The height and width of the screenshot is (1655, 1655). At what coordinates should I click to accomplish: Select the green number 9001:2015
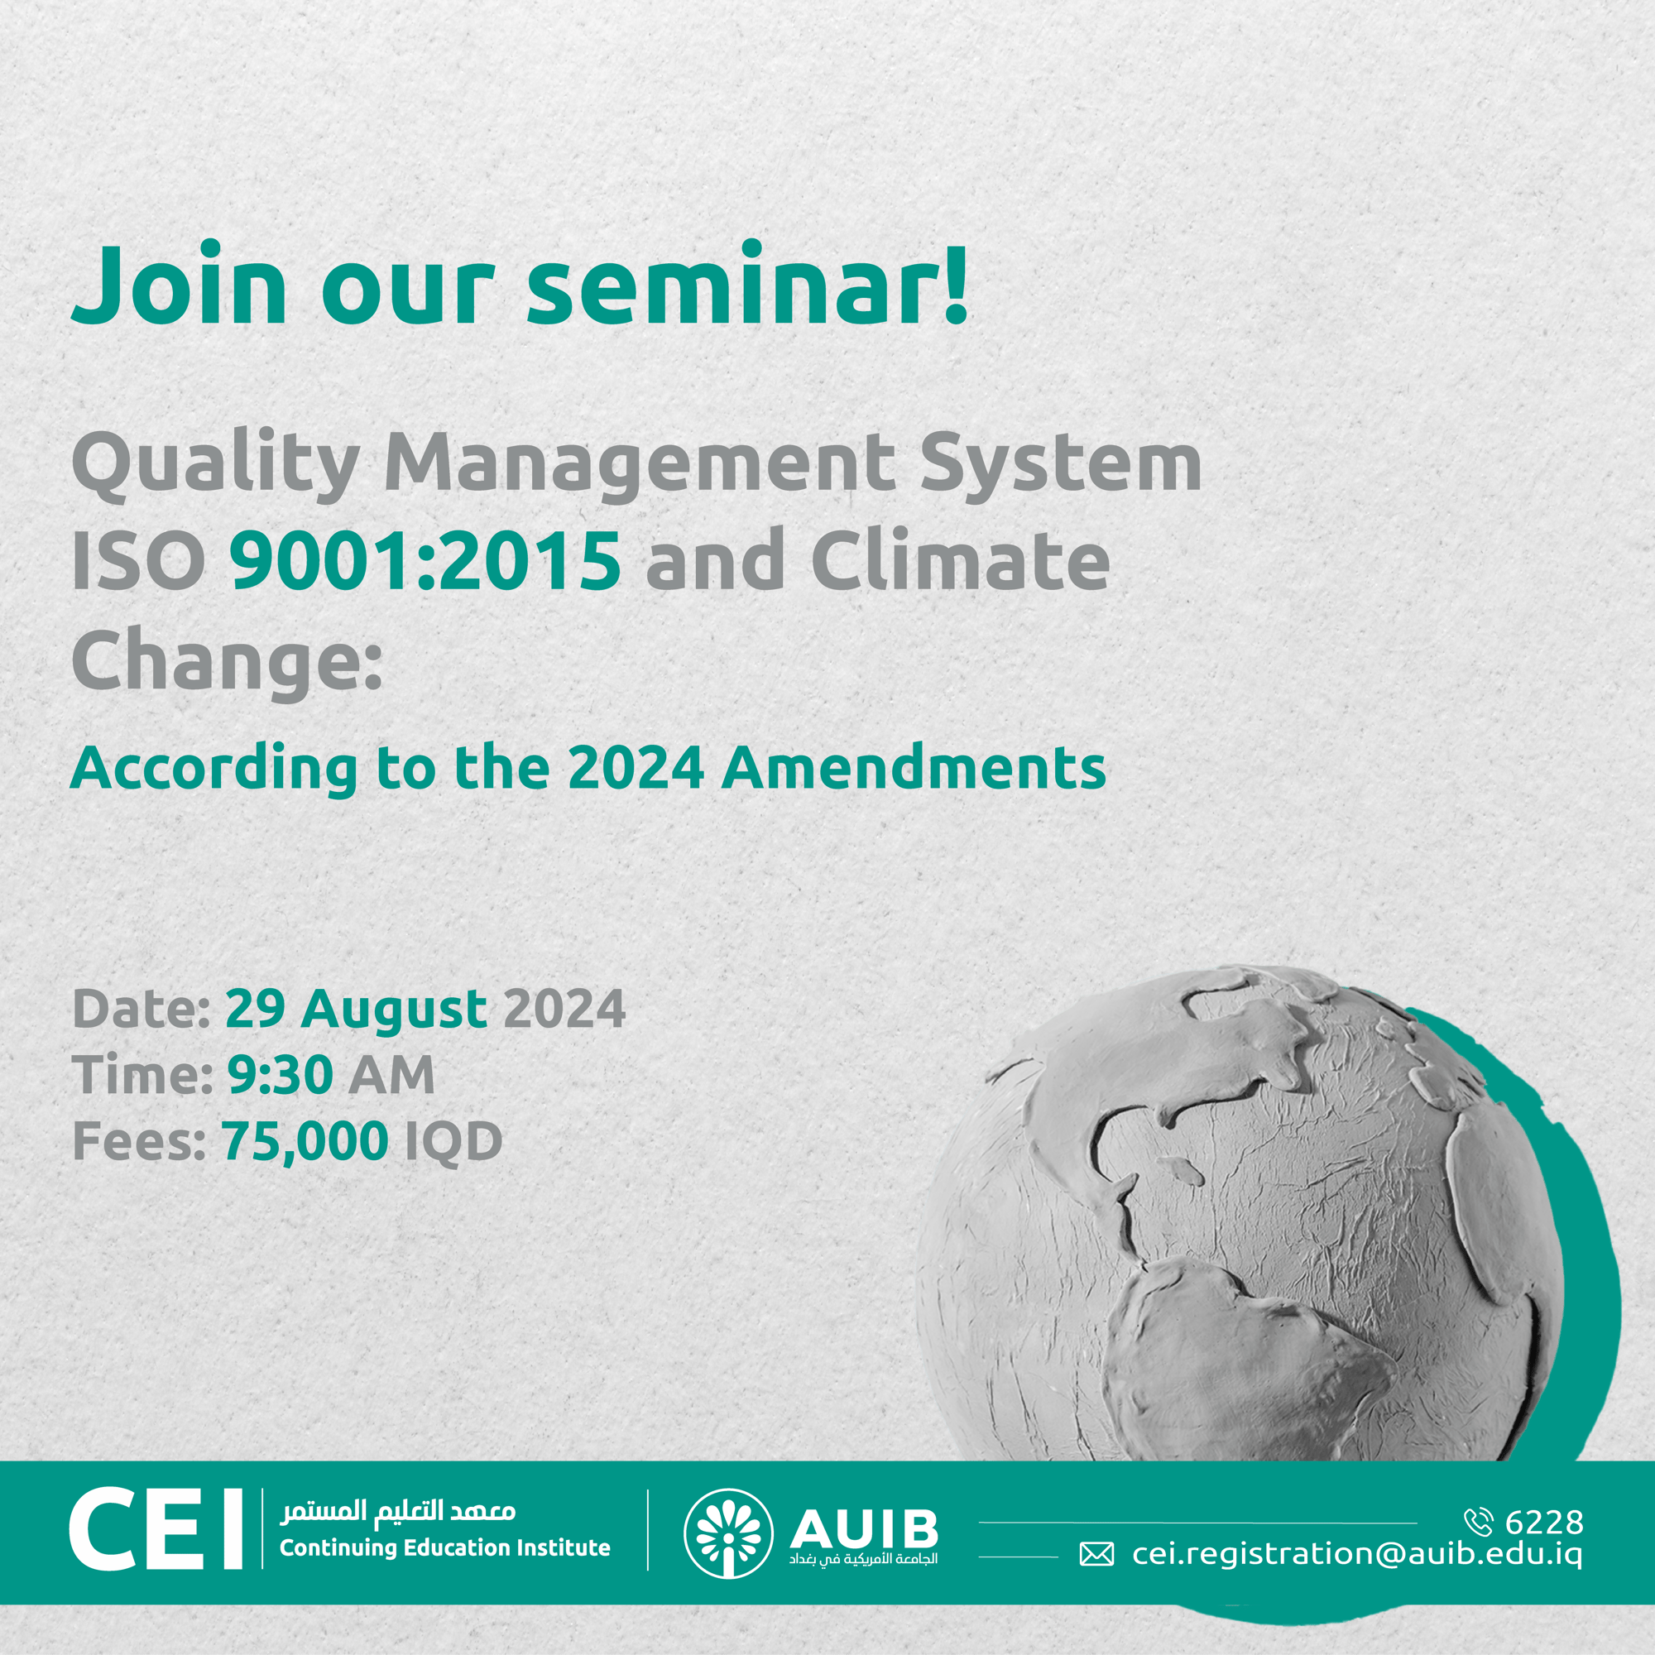click(x=425, y=559)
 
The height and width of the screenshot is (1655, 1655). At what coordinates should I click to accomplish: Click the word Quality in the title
click(x=215, y=463)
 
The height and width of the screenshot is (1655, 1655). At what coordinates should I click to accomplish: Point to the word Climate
click(x=960, y=559)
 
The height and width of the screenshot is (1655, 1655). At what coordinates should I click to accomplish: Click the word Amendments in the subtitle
click(x=914, y=768)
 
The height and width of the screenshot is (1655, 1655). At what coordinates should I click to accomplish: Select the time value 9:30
click(x=281, y=1074)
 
